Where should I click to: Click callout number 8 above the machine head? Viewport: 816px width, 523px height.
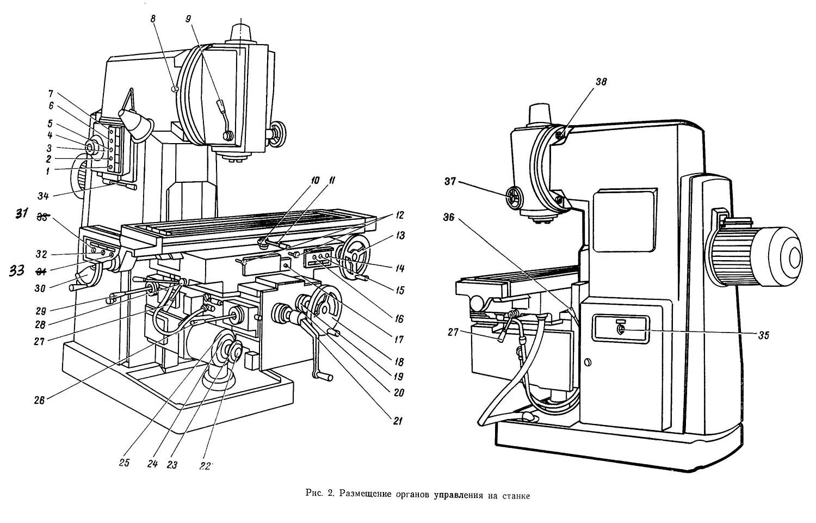pos(153,18)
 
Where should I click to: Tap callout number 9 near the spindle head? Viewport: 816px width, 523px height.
pos(188,18)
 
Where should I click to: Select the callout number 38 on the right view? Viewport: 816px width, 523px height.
pos(600,82)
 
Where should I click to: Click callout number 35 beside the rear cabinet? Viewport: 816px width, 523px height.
pos(763,335)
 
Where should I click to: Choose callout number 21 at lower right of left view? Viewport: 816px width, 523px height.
pos(397,419)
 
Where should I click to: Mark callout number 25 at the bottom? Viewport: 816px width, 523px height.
pos(124,463)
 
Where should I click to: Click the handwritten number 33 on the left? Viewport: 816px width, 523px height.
pos(17,270)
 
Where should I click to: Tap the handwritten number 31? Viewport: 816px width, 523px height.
pos(21,214)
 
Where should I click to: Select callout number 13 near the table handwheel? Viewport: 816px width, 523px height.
pos(401,236)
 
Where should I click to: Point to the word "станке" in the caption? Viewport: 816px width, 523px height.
pos(517,494)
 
